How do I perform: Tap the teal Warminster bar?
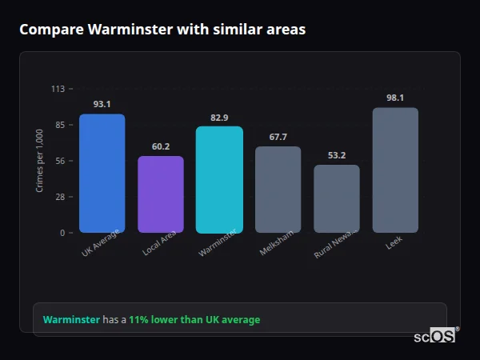click(219, 180)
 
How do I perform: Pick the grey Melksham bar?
click(278, 190)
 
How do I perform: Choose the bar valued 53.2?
click(337, 199)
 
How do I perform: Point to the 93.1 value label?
click(102, 104)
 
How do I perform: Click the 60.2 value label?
click(161, 146)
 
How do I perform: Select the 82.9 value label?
click(219, 118)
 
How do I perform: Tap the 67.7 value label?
click(278, 137)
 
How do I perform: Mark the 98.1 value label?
click(395, 98)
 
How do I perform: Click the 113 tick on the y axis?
click(58, 89)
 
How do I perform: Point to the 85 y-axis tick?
click(60, 125)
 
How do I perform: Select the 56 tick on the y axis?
click(60, 161)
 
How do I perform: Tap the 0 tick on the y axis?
click(62, 233)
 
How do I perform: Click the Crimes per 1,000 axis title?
click(40, 160)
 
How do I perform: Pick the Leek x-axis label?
click(394, 242)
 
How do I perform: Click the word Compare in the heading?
click(47, 29)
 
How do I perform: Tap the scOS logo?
click(435, 336)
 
